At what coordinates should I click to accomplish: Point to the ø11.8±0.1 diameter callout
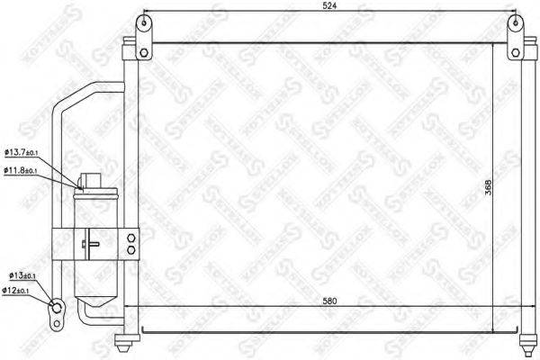click(x=28, y=170)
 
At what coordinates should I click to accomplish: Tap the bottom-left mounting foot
click(x=126, y=339)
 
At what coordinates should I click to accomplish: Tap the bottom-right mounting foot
click(x=529, y=340)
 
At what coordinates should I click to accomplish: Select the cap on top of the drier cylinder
click(x=93, y=180)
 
